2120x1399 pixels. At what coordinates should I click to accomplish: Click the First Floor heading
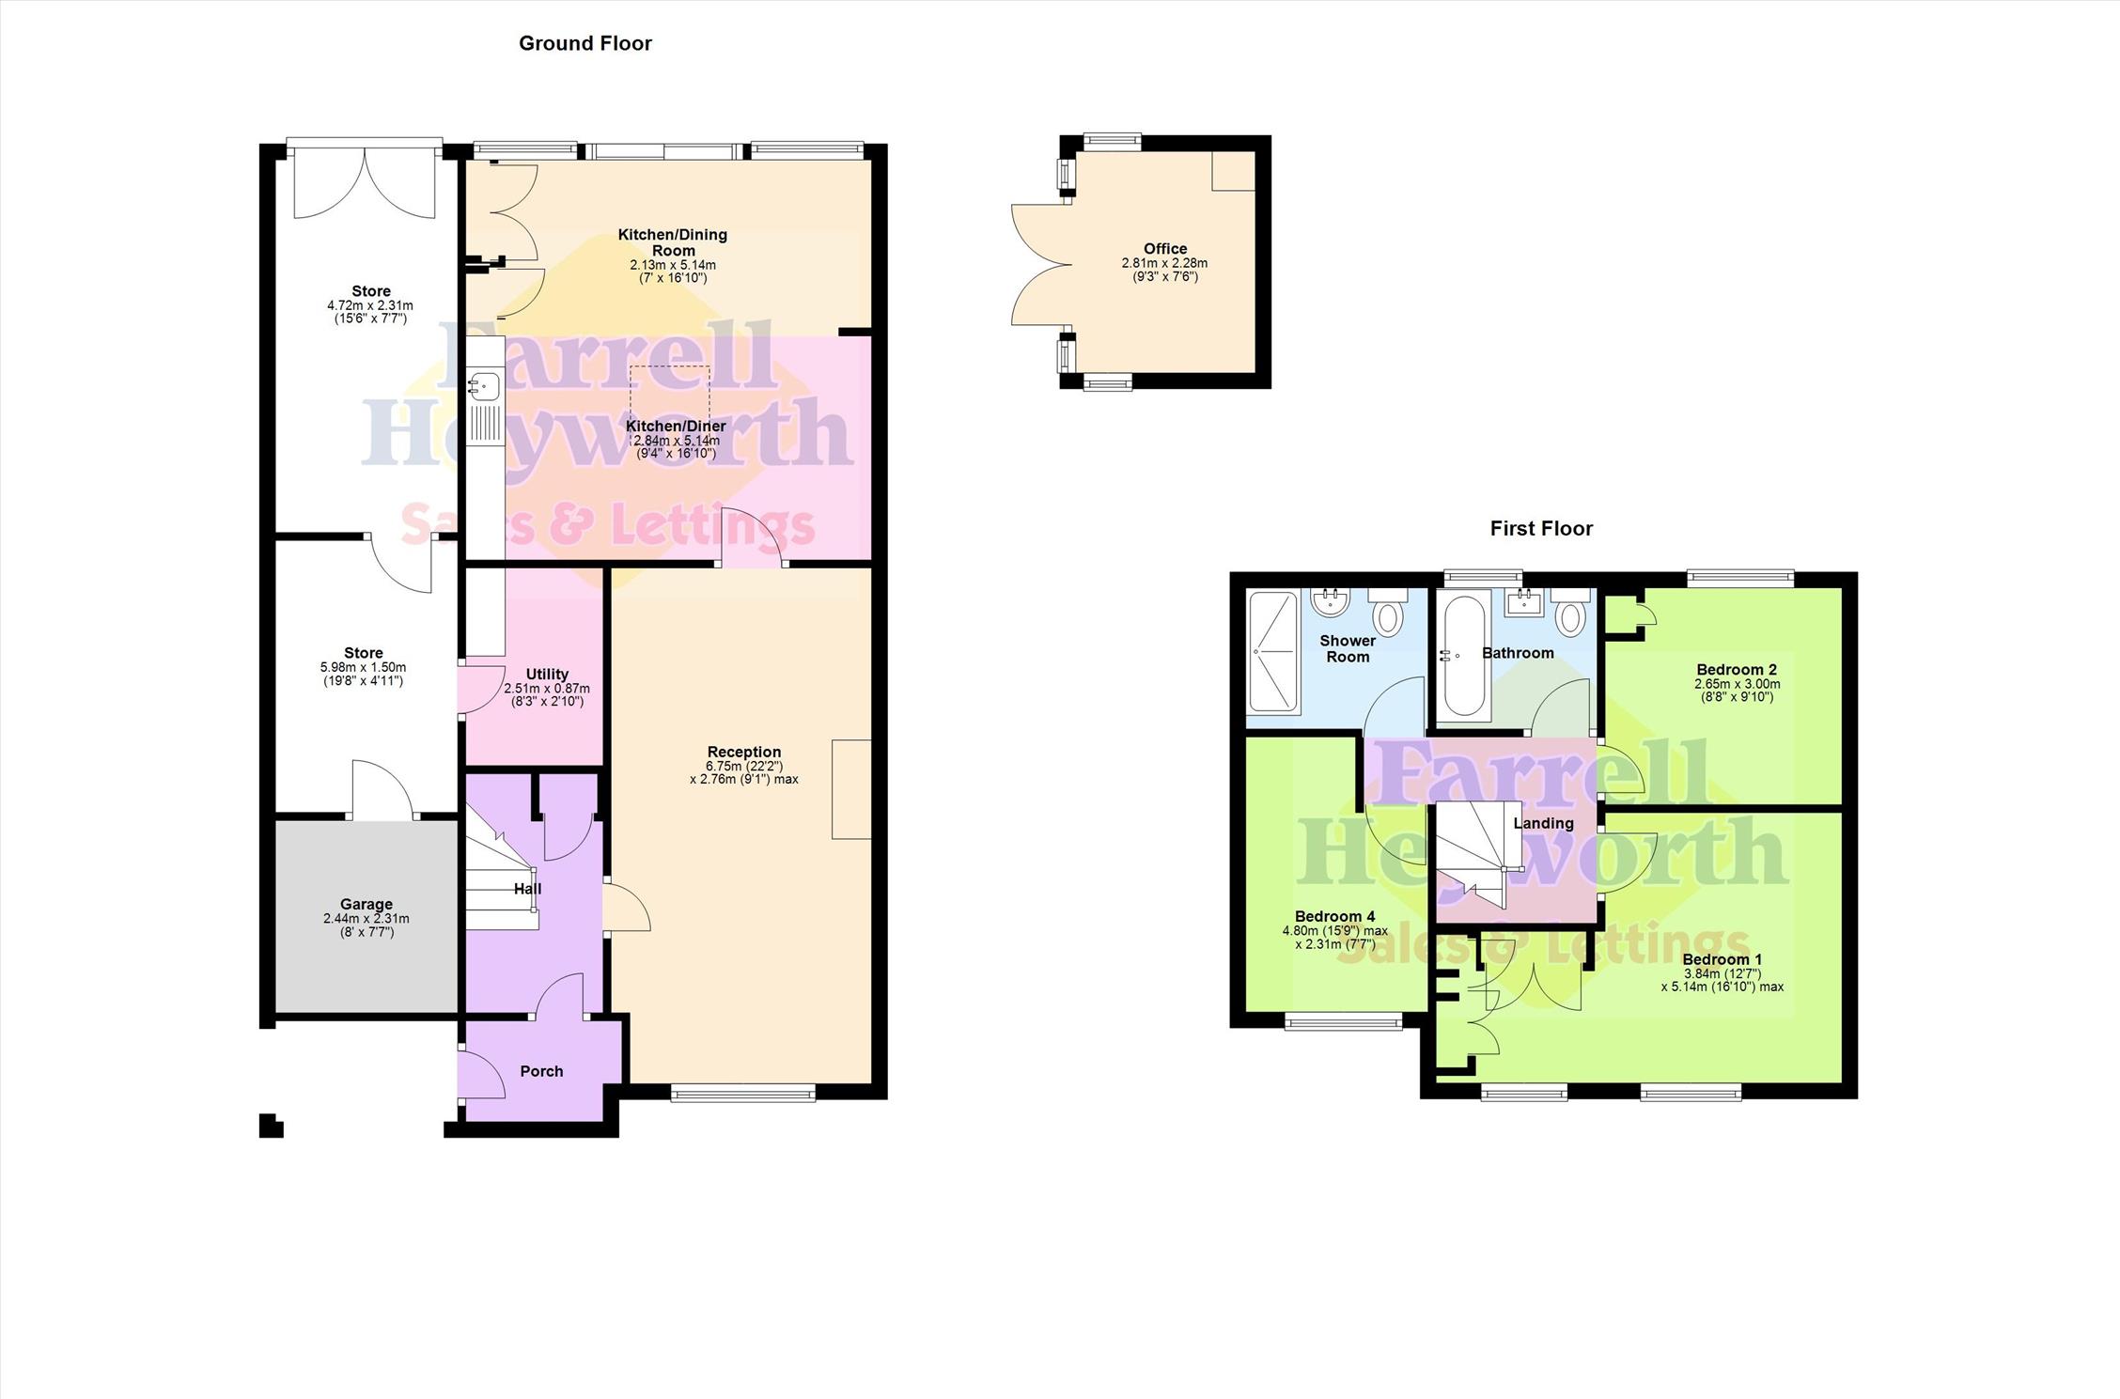click(1541, 528)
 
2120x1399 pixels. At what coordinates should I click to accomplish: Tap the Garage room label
click(366, 905)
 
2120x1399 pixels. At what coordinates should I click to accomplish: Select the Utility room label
click(547, 674)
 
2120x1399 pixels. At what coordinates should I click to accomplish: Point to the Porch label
click(541, 1071)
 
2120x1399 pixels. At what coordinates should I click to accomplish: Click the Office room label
click(1165, 249)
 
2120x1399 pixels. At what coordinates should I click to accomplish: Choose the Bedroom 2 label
click(1737, 670)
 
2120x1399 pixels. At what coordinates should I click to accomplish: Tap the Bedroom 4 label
click(1334, 916)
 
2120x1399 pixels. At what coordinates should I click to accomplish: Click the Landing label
click(1543, 823)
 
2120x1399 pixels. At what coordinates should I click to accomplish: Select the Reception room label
click(744, 752)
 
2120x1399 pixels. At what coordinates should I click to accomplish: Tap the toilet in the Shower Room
click(1387, 611)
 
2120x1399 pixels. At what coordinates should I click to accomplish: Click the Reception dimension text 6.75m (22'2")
click(744, 767)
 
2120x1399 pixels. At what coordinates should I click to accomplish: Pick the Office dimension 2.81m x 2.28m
click(1164, 263)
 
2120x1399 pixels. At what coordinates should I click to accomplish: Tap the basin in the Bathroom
click(1522, 601)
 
